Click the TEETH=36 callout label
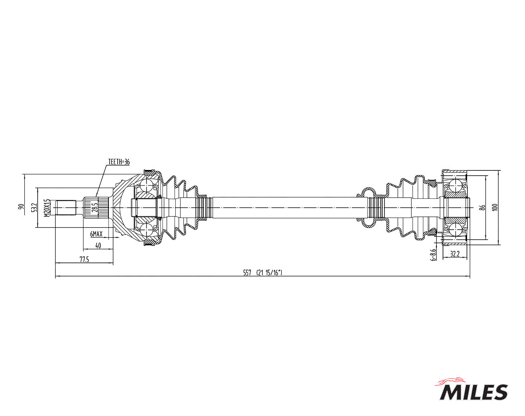[x=119, y=162]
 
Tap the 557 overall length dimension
[x=247, y=273]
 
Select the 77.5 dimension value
[x=84, y=259]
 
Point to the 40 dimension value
[x=98, y=245]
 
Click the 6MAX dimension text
[x=96, y=234]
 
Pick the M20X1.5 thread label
[x=47, y=208]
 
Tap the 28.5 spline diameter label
[x=95, y=207]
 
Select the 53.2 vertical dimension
[x=35, y=208]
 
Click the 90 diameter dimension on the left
[x=22, y=206]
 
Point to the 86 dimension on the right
[x=482, y=208]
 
